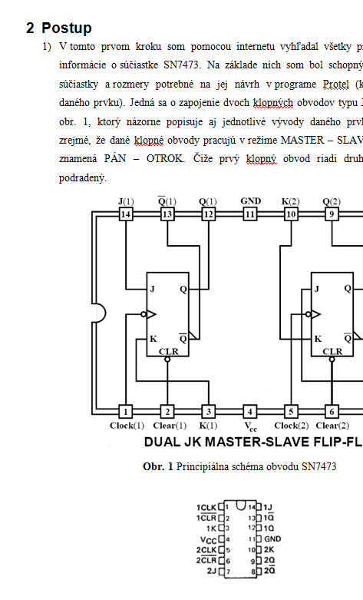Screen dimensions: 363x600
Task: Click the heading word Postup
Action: point(67,28)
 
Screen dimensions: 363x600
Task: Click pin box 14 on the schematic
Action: point(126,214)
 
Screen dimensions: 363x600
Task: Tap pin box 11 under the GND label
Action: point(250,214)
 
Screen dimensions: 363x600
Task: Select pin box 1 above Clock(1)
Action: point(126,412)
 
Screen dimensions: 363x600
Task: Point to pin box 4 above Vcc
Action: point(250,412)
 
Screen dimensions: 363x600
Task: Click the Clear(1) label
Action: point(170,426)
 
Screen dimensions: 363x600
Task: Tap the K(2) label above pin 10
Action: point(290,201)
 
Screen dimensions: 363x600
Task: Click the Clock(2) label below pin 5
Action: point(291,426)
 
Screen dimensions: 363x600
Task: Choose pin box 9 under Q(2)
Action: point(332,214)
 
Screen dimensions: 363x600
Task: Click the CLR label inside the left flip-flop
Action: point(169,351)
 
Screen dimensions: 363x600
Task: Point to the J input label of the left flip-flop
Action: point(153,289)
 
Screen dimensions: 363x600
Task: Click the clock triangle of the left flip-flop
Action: point(152,314)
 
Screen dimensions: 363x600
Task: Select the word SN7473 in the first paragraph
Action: point(181,65)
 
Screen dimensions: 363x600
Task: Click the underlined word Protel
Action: point(336,85)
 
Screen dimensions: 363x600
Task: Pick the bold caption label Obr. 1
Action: point(158,467)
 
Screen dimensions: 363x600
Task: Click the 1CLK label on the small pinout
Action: point(206,508)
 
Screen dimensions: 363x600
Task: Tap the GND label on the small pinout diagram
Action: point(272,539)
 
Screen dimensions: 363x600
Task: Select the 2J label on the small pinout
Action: point(212,571)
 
